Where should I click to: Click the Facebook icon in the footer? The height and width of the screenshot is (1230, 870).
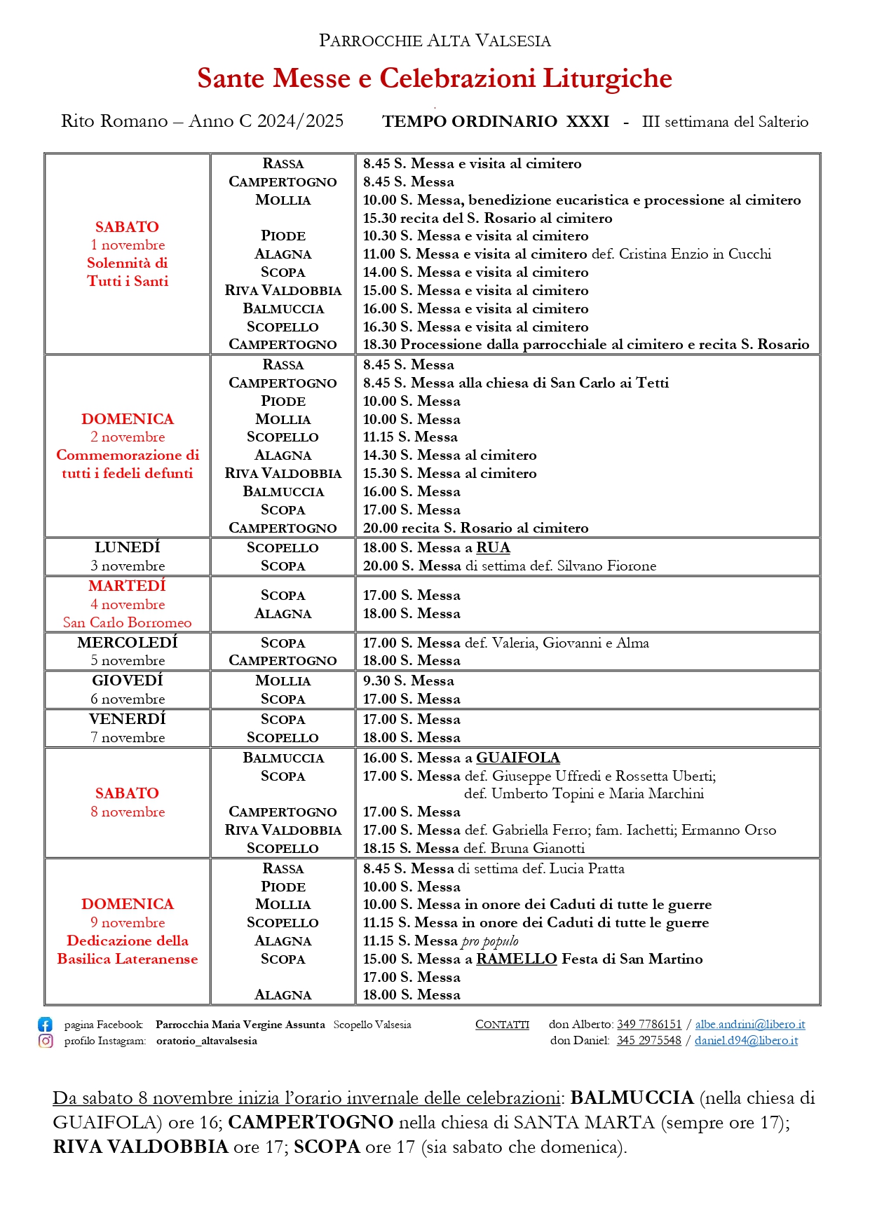tap(45, 1024)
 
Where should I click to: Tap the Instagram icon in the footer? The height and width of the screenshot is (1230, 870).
tap(46, 1041)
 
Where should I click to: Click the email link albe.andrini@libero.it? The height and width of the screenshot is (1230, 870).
tap(750, 1024)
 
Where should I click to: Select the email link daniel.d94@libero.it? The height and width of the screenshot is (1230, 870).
tap(746, 1040)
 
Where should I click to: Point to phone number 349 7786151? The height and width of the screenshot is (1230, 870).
tap(648, 1024)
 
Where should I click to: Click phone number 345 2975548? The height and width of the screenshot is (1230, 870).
tap(648, 1040)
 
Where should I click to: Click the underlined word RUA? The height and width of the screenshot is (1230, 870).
tap(493, 547)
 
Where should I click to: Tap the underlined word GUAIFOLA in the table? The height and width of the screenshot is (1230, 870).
tap(517, 758)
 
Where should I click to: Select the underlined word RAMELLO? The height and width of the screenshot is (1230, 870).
tap(516, 959)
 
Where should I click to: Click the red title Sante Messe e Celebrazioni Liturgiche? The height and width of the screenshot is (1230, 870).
tap(435, 78)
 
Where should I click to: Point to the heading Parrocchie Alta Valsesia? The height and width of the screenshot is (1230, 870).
tap(435, 41)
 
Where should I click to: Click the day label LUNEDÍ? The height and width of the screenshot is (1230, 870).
tap(128, 547)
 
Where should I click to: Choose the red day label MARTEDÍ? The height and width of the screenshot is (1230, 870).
tap(128, 586)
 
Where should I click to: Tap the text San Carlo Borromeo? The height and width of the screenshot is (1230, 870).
tap(128, 622)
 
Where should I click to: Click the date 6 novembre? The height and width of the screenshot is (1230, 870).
tap(128, 699)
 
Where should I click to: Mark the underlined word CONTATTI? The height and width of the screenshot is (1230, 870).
tap(502, 1024)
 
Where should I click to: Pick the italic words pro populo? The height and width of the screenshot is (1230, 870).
tap(490, 941)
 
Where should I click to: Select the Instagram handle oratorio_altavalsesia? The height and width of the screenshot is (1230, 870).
tap(207, 1041)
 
